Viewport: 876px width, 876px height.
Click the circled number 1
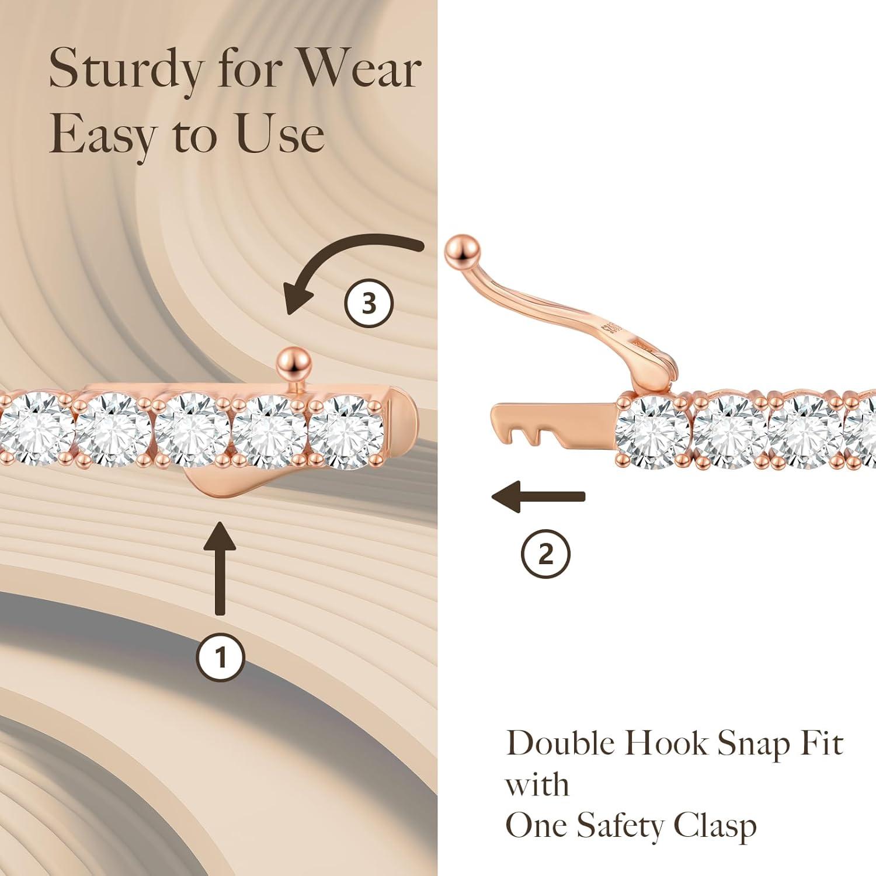[x=220, y=658]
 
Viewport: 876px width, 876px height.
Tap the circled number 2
[x=545, y=554]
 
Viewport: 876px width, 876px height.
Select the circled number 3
[x=369, y=303]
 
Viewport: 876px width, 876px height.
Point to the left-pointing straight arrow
[x=537, y=497]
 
